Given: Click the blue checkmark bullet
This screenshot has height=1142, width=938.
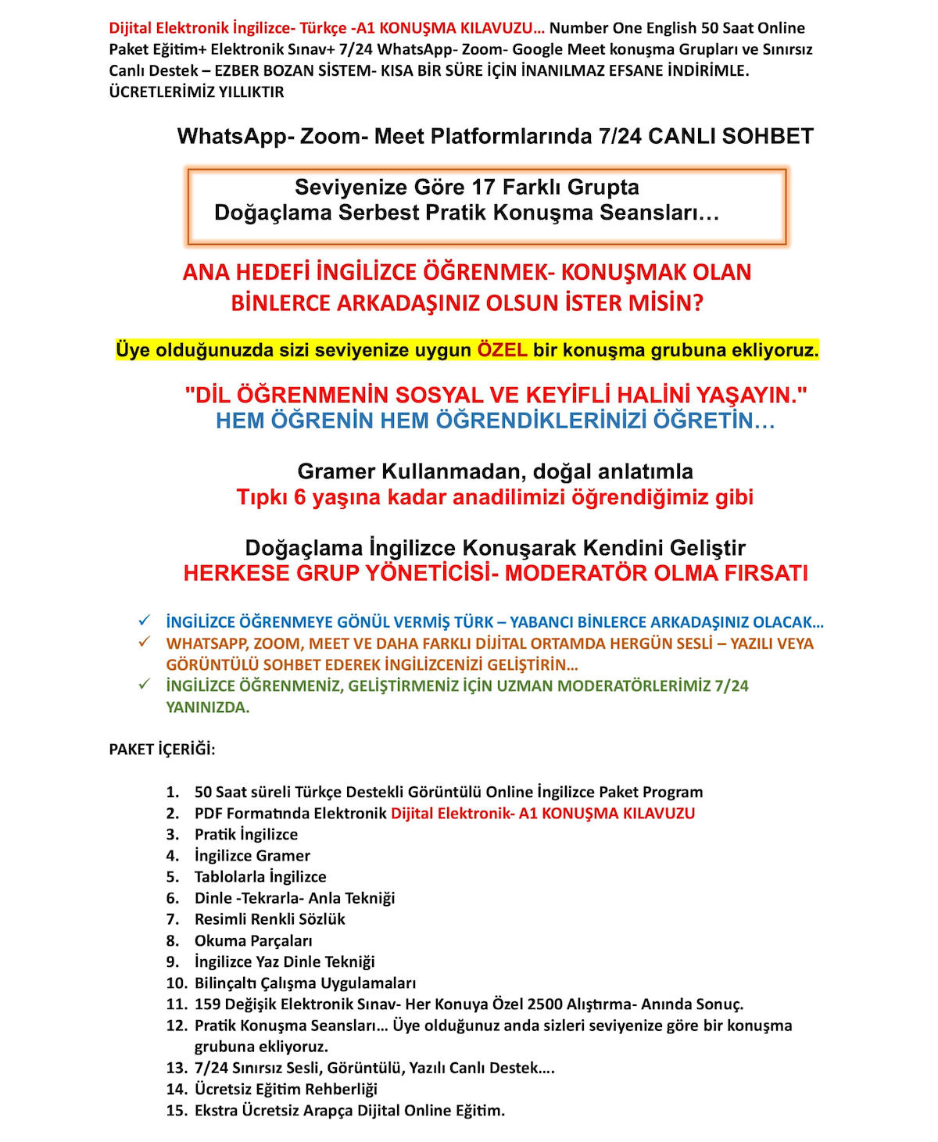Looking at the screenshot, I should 144,621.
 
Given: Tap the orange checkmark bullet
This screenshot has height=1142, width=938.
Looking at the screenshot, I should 144,642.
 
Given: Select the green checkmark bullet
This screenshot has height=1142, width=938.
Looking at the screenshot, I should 144,684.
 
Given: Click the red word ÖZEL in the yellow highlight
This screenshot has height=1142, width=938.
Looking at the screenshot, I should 502,349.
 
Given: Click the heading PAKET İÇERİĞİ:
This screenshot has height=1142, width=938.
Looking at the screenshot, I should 162,749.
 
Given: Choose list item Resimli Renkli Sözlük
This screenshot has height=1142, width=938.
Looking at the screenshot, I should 270,919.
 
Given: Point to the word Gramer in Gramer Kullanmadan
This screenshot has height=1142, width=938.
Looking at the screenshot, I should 336,471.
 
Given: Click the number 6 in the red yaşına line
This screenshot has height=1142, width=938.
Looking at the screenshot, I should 300,497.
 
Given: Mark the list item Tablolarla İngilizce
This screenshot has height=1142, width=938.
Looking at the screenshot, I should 260,877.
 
